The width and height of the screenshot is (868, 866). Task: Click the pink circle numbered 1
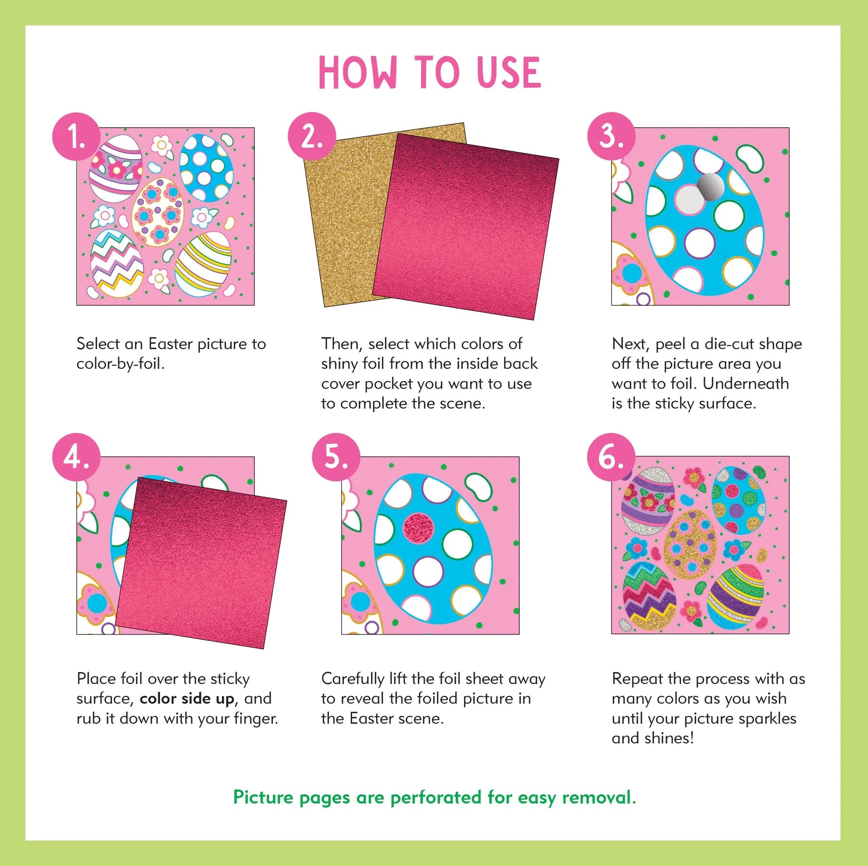[76, 136]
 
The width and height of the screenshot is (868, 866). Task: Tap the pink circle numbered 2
[312, 136]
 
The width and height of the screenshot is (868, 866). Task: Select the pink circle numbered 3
[611, 136]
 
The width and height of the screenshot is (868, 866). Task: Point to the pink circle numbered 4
[76, 457]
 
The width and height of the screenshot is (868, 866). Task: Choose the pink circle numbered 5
[336, 457]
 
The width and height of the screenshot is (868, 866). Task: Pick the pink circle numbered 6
[611, 457]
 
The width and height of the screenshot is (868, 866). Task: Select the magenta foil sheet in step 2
[465, 227]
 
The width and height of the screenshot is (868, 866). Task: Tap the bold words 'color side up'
[187, 699]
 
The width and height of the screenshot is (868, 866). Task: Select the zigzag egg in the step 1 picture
[117, 263]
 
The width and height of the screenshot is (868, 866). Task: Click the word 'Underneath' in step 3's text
[746, 383]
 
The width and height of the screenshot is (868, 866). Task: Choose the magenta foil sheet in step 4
[200, 562]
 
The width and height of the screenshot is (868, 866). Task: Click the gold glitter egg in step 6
[690, 544]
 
